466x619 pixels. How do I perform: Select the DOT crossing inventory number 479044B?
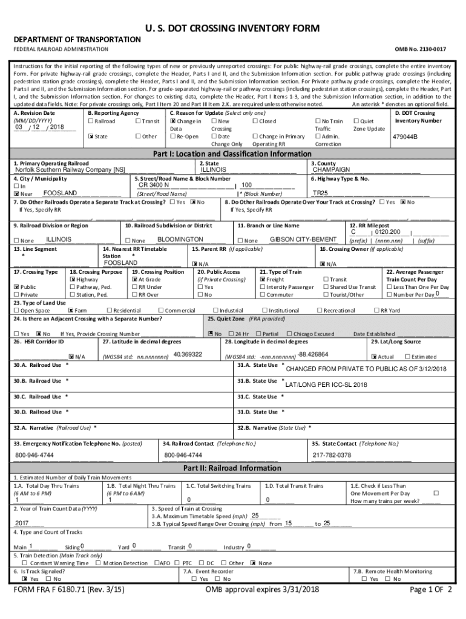pos(405,137)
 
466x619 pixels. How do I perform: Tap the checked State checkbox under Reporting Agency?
pos(90,137)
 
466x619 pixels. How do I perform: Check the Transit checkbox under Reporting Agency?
pos(139,122)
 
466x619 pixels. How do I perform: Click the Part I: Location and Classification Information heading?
pos(233,154)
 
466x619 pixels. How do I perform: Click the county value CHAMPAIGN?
pos(332,170)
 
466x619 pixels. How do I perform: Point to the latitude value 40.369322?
pos(188,354)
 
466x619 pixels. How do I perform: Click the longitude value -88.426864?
pos(313,354)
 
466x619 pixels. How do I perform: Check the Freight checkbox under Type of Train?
pos(263,280)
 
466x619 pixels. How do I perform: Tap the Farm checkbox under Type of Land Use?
pos(70,311)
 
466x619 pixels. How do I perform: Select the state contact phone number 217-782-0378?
pos(332,455)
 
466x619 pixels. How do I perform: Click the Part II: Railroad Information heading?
pos(233,468)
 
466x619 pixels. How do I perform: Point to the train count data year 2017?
pos(22,523)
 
